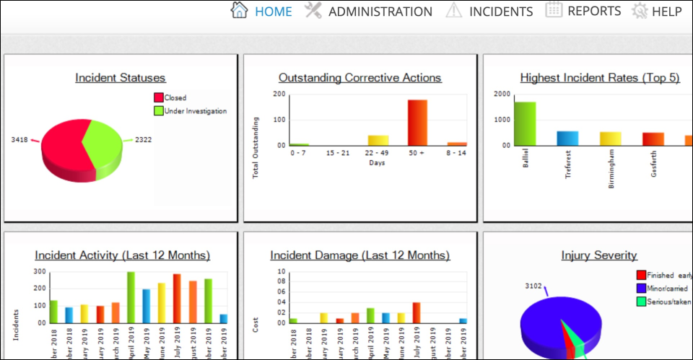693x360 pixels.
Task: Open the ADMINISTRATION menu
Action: [x=368, y=12]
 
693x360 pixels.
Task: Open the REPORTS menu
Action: [x=583, y=12]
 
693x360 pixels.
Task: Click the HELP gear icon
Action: [x=639, y=12]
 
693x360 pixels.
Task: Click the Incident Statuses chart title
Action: [x=121, y=78]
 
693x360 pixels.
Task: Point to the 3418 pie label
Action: [x=19, y=139]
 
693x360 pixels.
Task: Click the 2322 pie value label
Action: [x=144, y=140]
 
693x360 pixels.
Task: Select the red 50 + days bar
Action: [x=417, y=123]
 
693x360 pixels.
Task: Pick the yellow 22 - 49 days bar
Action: [x=378, y=140]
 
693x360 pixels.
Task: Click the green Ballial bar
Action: [x=525, y=123]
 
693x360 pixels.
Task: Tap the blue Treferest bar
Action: [x=567, y=138]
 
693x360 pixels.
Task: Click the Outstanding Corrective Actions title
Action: [x=359, y=78]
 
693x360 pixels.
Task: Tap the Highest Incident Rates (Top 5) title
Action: [x=599, y=78]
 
